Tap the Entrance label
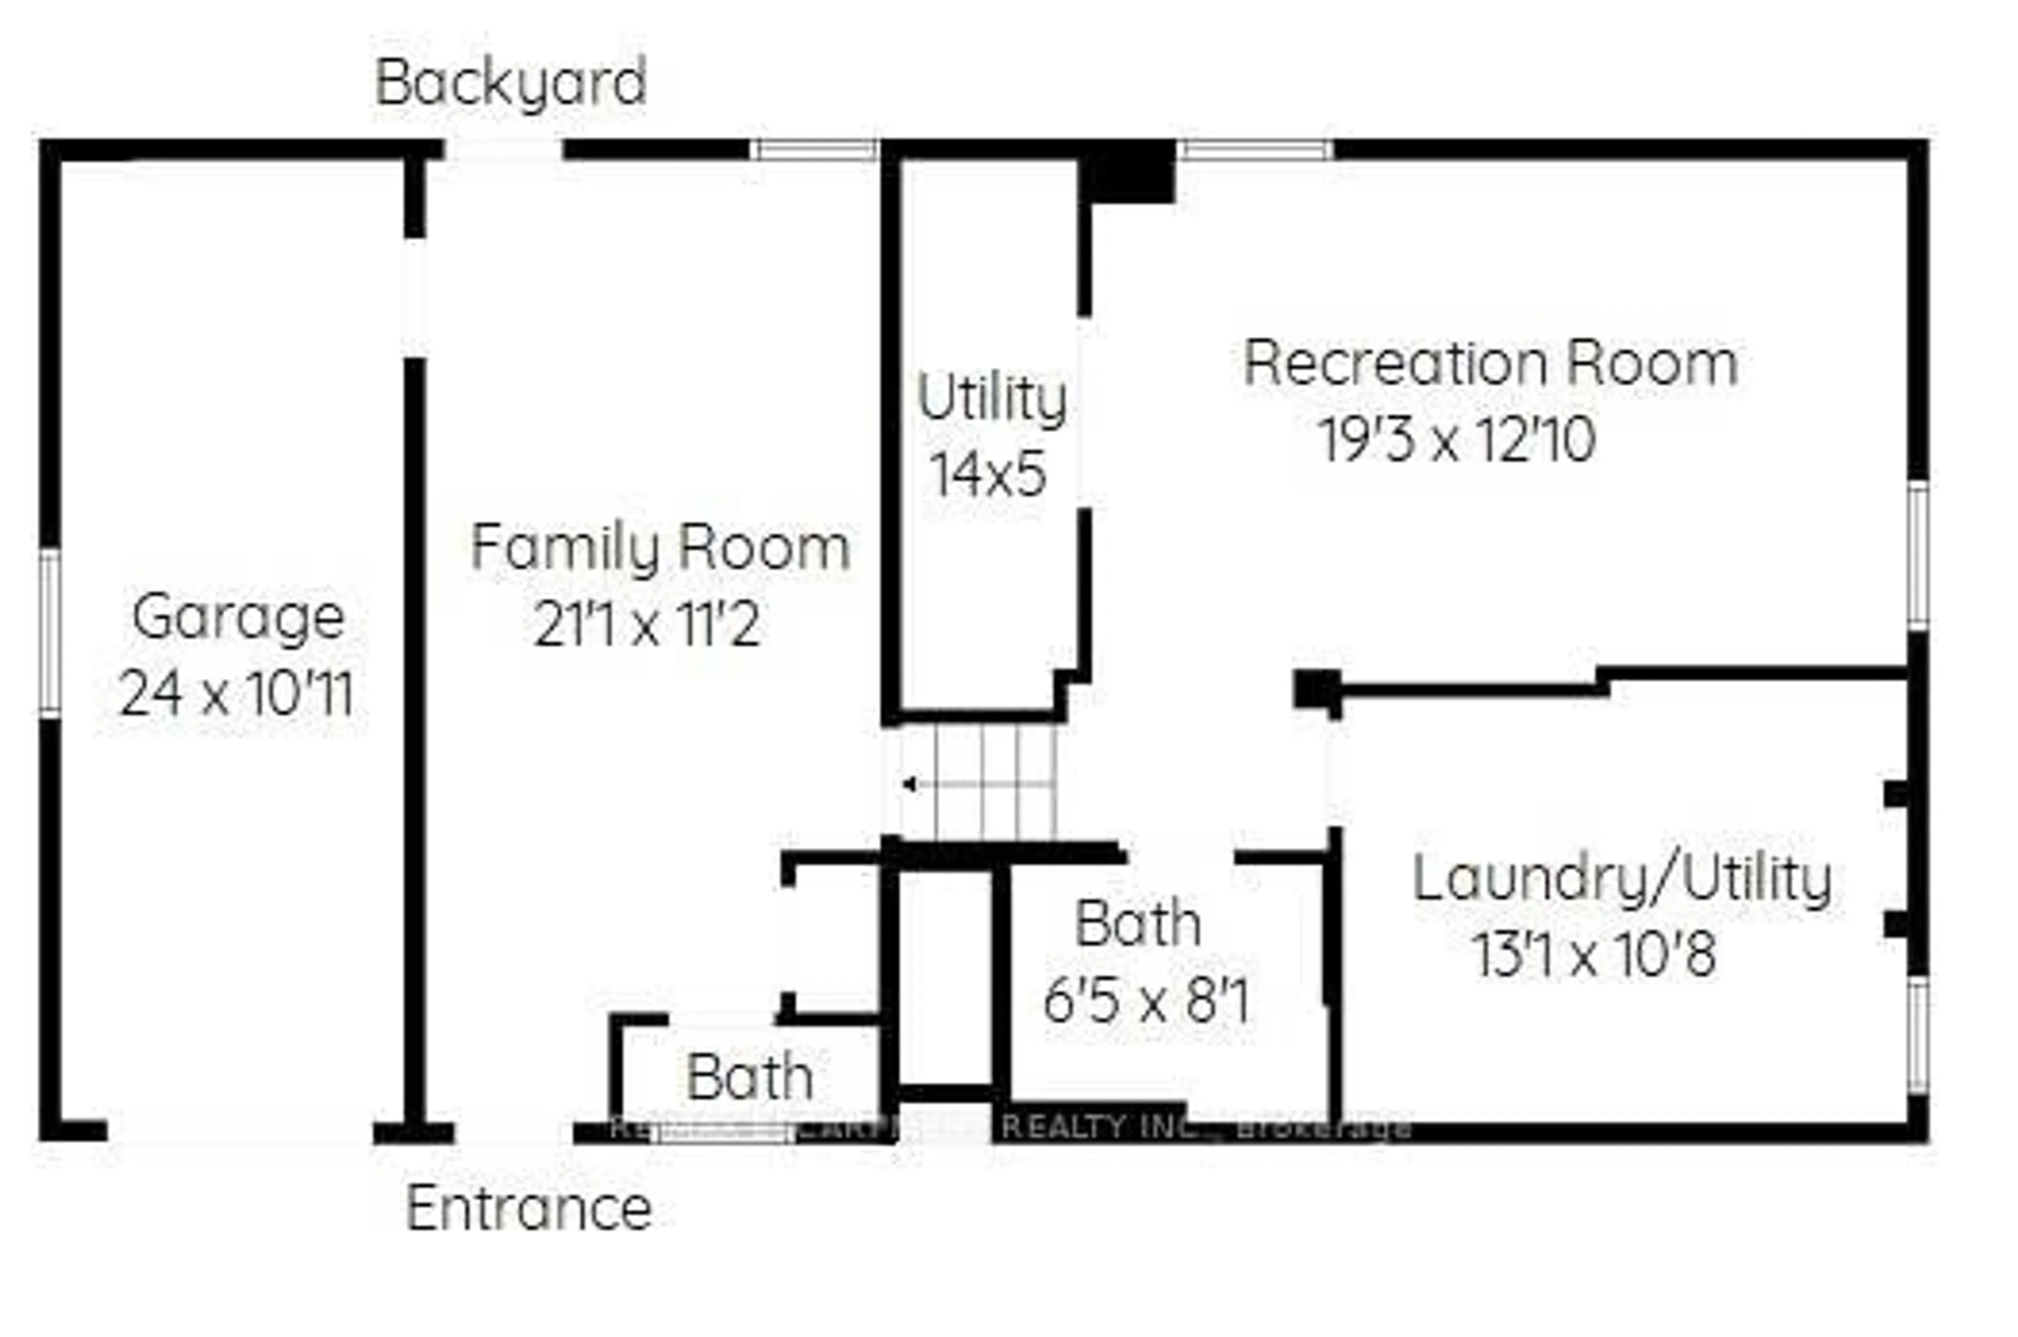[528, 1209]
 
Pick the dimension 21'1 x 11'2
[646, 625]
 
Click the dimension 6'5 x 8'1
[1146, 1001]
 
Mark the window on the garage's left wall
[50, 632]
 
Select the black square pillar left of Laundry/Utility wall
[1316, 689]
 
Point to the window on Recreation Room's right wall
[1917, 555]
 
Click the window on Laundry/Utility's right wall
[1917, 1035]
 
